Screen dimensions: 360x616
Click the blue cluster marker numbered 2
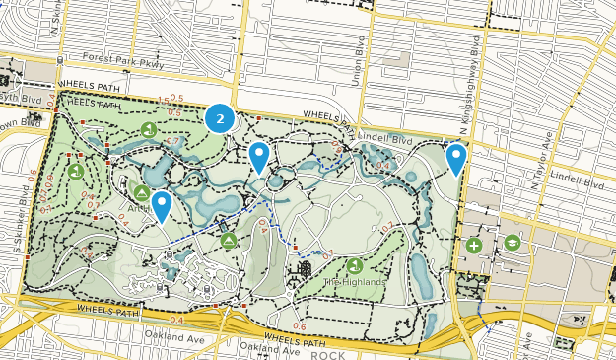point(220,119)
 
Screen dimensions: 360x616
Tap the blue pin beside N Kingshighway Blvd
point(455,158)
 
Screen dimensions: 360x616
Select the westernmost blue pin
point(160,205)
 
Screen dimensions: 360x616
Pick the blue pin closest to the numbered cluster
point(259,156)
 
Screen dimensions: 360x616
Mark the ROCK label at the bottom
point(330,354)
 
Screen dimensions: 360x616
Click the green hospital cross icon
point(474,245)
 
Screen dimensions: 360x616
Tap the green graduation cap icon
point(512,243)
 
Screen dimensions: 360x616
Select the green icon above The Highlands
point(354,265)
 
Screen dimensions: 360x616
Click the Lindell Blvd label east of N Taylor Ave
point(579,182)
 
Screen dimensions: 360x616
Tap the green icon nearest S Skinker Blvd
point(76,171)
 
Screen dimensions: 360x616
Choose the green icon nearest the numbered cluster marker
point(149,129)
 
